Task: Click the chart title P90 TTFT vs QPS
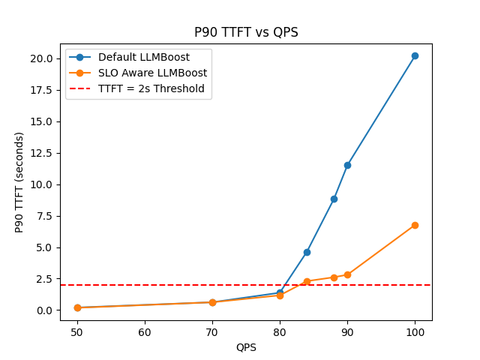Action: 246,32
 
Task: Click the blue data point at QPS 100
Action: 415,55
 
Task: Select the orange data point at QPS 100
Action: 415,225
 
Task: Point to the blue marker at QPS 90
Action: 347,165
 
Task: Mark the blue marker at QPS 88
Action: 334,199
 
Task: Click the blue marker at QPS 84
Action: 307,252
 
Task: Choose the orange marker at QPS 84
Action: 307,281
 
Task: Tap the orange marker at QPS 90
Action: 347,274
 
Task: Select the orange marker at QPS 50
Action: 77,307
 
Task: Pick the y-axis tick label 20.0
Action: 42,58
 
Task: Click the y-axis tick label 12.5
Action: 42,153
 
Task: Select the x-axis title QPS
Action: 246,347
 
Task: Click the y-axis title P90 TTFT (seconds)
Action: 19,182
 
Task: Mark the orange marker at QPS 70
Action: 212,302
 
